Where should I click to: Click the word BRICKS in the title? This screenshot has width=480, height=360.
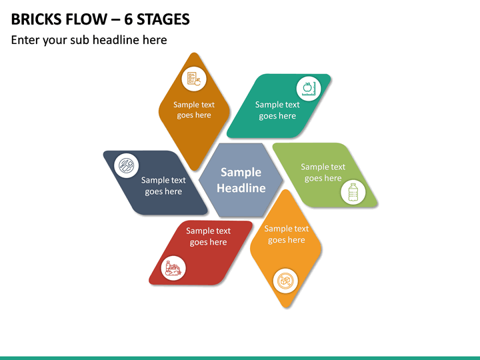click(x=35, y=19)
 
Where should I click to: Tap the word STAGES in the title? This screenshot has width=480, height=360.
click(x=163, y=19)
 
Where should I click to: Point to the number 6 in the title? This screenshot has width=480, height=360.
click(x=128, y=19)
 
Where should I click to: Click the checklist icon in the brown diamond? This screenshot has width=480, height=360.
click(x=194, y=79)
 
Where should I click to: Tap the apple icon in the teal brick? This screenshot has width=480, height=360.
click(x=308, y=89)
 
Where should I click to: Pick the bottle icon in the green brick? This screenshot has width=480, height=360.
click(x=353, y=192)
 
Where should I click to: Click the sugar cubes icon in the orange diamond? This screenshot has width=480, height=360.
click(x=285, y=281)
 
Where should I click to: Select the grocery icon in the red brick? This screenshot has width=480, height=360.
click(x=173, y=268)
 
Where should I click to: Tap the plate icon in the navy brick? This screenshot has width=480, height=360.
click(x=127, y=165)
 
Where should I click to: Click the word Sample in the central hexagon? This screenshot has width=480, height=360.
click(x=241, y=173)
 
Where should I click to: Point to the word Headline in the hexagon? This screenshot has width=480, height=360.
click(x=241, y=188)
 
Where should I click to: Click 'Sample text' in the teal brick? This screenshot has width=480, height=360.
click(x=277, y=105)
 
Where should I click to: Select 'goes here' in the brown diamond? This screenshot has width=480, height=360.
click(x=194, y=115)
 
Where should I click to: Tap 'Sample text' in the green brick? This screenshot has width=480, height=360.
click(x=323, y=167)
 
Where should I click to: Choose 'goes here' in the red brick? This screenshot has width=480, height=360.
click(x=208, y=242)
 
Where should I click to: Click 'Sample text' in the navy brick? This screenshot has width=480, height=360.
click(x=163, y=180)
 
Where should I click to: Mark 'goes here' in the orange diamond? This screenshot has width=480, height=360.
click(x=286, y=240)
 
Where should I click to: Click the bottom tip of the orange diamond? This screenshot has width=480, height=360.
click(x=286, y=307)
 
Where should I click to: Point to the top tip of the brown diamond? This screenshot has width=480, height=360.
click(x=194, y=53)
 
